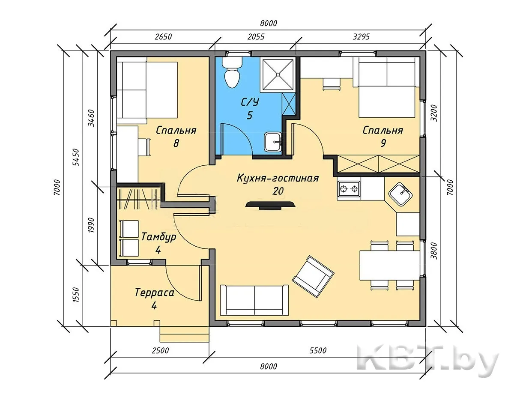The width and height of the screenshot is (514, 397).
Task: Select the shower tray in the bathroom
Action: pos(278,75)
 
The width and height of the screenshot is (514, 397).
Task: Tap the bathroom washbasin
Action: pos(273,142)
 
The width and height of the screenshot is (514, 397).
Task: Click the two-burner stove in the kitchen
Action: pos(349,189)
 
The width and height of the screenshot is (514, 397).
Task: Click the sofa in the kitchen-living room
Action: pos(254,300)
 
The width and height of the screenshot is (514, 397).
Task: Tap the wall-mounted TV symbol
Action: pos(270,205)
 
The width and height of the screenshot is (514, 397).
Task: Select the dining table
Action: pos(389,265)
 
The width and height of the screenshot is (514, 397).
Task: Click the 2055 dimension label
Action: pos(256,37)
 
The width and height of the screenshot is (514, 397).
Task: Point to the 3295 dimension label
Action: pos(361,37)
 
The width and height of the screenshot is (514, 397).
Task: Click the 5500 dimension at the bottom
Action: pos(318,350)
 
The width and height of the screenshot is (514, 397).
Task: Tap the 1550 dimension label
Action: pos(76,295)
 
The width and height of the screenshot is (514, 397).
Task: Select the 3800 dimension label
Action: pos(434,251)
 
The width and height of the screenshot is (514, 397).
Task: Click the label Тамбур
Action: pos(159,237)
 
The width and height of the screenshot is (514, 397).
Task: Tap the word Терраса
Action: pos(155,293)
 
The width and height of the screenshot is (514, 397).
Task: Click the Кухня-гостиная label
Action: pos(278,178)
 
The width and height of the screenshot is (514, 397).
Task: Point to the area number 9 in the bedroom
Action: pos(383,143)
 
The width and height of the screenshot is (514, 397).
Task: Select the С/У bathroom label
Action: pos(250,102)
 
